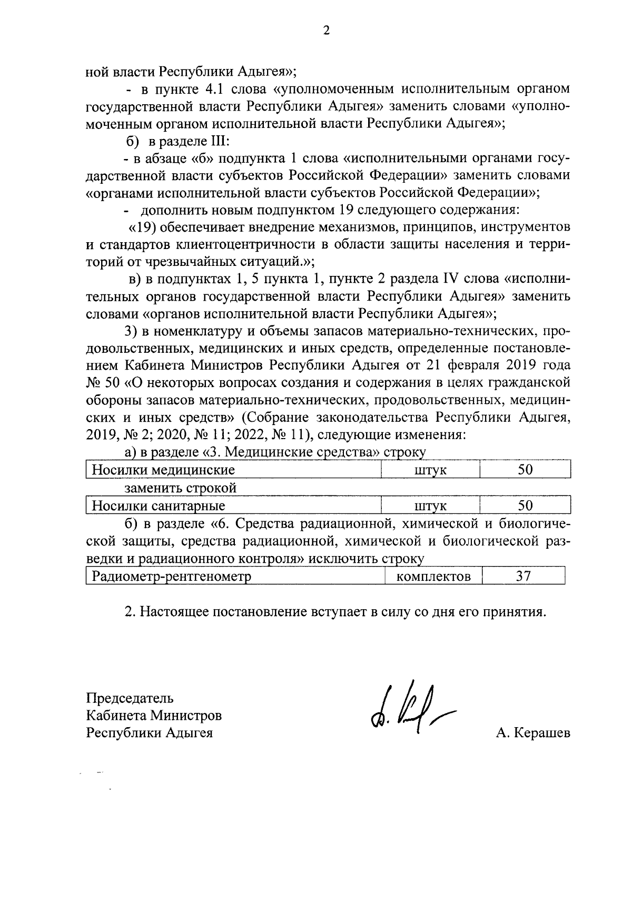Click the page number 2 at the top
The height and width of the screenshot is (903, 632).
point(326,31)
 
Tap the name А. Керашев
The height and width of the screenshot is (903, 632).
point(532,733)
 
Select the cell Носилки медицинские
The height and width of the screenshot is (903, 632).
point(164,470)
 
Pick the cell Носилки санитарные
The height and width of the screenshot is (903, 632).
point(159,506)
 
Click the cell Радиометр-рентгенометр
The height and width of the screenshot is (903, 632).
point(172,576)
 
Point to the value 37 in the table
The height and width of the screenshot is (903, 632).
point(523,576)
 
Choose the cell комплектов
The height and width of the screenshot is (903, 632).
point(433,576)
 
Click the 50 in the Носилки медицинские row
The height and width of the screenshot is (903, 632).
point(525,470)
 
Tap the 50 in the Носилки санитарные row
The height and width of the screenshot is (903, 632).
point(525,506)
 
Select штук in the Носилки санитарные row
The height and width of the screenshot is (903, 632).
point(430,506)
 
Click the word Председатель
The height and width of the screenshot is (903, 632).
point(130,699)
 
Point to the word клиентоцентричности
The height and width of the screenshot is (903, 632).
point(264,244)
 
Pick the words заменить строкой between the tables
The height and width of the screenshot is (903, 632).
point(181,488)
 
